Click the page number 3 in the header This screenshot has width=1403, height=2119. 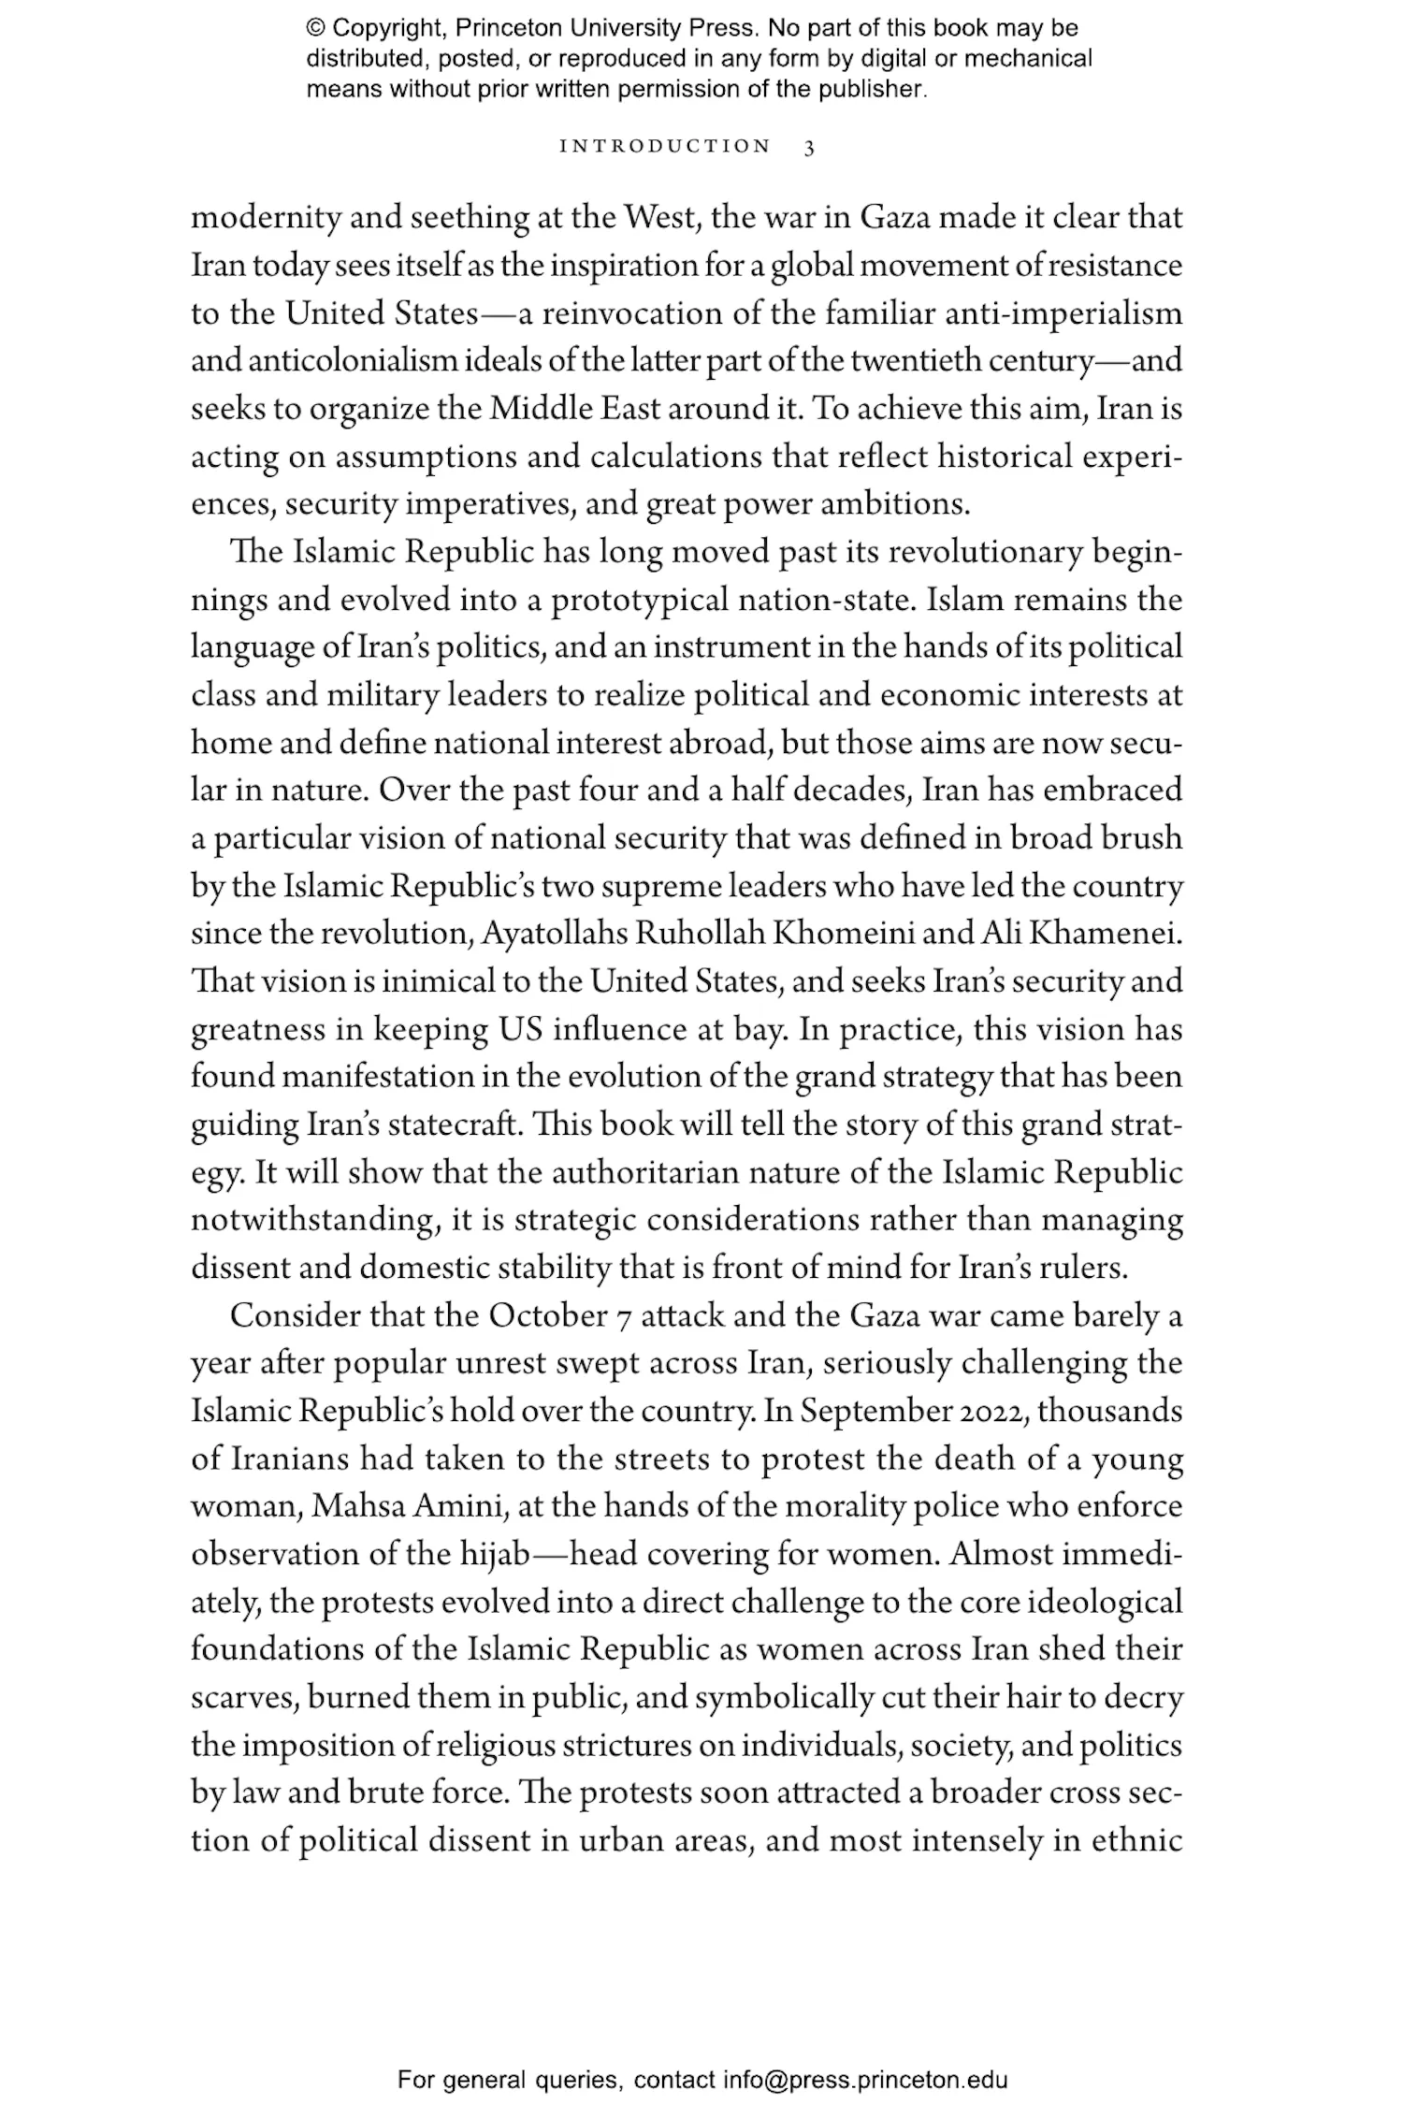point(809,148)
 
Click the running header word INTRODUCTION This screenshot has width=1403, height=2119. point(665,147)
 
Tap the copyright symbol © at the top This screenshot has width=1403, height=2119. point(314,28)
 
